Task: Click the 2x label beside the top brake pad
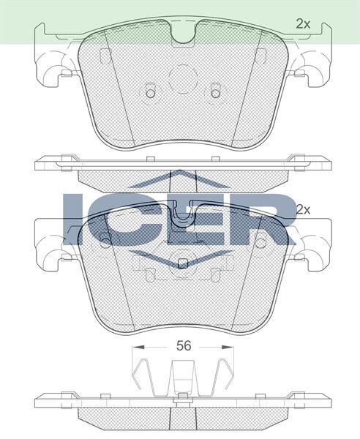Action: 303,24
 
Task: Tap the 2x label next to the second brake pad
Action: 303,209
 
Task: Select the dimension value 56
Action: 183,346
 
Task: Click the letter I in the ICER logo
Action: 75,219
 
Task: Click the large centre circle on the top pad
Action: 183,78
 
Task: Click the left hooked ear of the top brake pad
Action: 52,71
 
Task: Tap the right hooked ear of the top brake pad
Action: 314,71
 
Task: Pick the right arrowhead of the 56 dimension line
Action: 231,346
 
